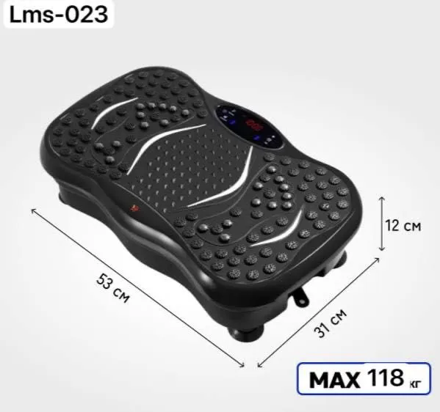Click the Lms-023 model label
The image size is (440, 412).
[x=59, y=15]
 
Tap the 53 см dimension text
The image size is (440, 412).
[x=113, y=288]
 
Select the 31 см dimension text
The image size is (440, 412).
[x=331, y=323]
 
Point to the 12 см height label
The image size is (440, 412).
[x=403, y=226]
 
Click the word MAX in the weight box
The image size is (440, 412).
[x=334, y=380]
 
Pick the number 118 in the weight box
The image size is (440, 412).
[x=385, y=378]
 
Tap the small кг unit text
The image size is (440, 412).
[x=415, y=383]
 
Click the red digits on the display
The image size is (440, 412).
[x=253, y=125]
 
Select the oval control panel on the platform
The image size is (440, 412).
[x=248, y=127]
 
